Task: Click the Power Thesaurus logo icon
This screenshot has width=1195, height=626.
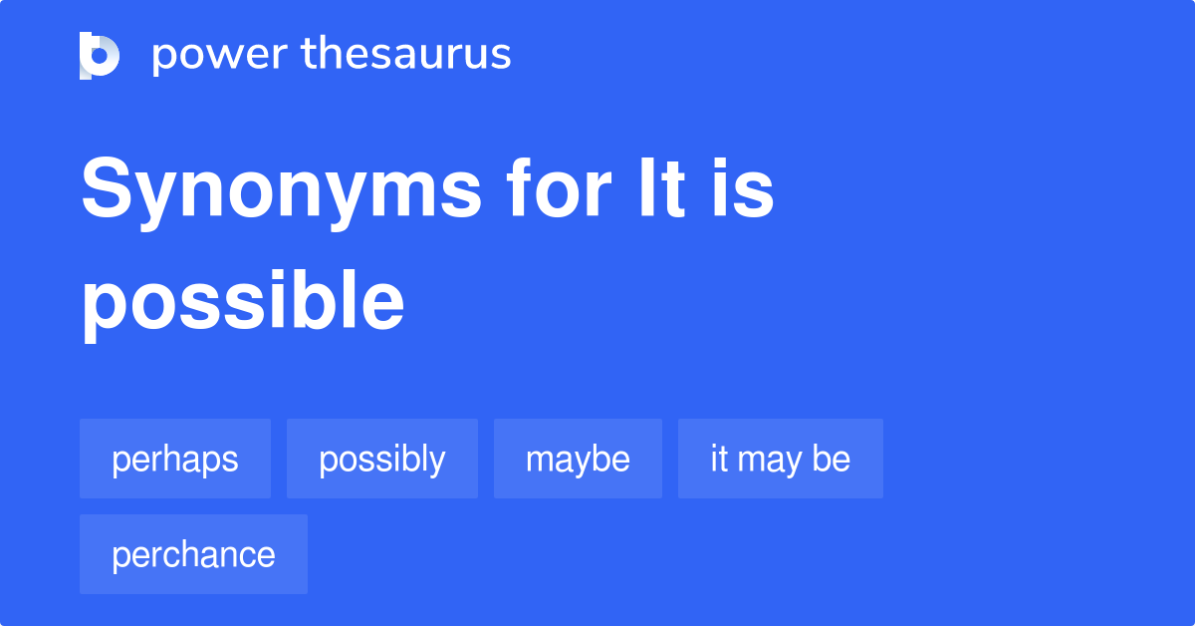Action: (x=100, y=55)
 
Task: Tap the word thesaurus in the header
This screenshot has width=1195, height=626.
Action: (x=406, y=55)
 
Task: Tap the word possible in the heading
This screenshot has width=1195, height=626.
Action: (x=243, y=303)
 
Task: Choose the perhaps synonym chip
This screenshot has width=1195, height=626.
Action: (x=175, y=459)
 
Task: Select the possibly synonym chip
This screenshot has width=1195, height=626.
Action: (x=382, y=459)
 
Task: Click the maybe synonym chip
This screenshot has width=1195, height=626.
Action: (x=578, y=459)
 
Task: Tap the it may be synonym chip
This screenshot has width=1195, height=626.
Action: (x=781, y=459)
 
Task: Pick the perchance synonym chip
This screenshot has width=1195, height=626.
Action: (x=193, y=554)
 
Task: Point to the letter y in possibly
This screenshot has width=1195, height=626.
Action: (x=437, y=463)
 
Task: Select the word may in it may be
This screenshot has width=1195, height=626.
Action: (x=771, y=461)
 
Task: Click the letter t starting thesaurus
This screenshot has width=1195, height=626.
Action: (x=308, y=55)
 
